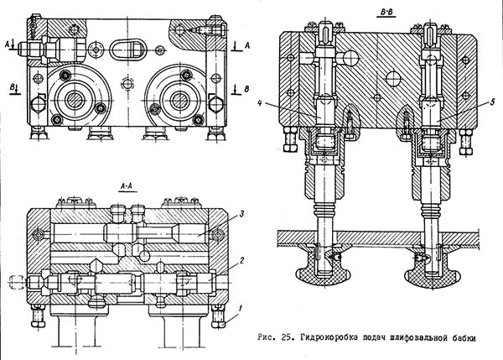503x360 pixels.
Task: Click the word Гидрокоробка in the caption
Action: (323, 338)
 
